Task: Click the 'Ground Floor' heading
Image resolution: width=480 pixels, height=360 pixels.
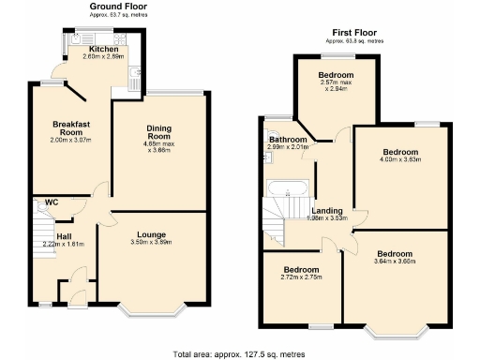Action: (x=118, y=7)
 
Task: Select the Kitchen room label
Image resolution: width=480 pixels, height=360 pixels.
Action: (x=103, y=50)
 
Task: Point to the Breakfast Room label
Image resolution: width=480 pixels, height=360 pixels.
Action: (x=71, y=128)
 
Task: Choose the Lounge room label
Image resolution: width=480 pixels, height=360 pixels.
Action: (x=153, y=233)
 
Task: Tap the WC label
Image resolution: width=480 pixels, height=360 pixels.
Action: (x=52, y=202)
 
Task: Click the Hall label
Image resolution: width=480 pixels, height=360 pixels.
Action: (x=64, y=237)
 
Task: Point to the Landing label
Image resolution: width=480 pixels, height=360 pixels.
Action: (x=327, y=211)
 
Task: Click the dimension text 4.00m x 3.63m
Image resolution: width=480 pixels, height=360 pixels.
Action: (x=400, y=159)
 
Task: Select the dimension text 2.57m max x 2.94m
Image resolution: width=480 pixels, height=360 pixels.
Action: (x=336, y=85)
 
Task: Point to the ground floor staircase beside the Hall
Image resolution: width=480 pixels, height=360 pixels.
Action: (x=43, y=230)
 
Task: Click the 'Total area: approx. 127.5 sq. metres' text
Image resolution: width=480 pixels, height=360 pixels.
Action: (x=239, y=353)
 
